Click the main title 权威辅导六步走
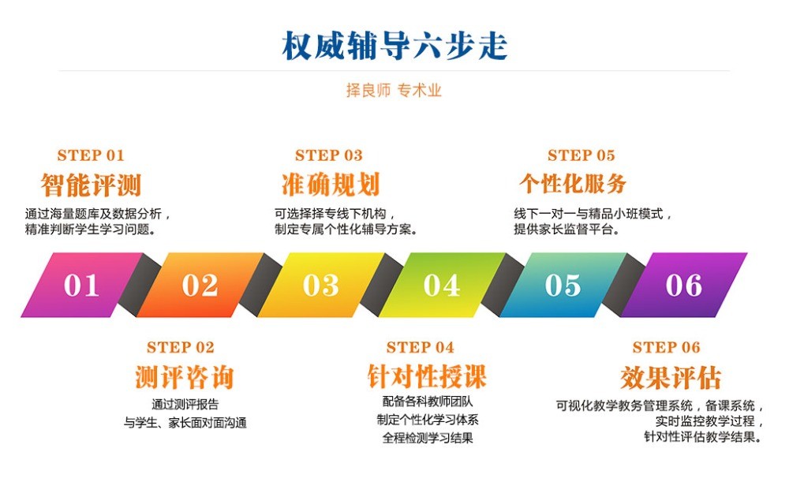pyautogui.click(x=394, y=47)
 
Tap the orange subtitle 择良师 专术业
pyautogui.click(x=394, y=91)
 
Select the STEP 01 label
pyautogui.click(x=91, y=155)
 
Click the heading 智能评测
pyautogui.click(x=91, y=185)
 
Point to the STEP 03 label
pyautogui.click(x=329, y=155)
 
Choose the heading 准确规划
pyautogui.click(x=331, y=185)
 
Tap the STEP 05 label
pyautogui.click(x=581, y=155)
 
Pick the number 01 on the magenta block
pyautogui.click(x=82, y=286)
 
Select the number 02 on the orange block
pyautogui.click(x=200, y=286)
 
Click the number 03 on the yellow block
pyautogui.click(x=320, y=286)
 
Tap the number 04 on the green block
pyautogui.click(x=442, y=286)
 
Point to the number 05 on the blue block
pyautogui.click(x=563, y=286)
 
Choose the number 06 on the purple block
pyautogui.click(x=683, y=286)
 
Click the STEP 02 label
pyautogui.click(x=181, y=348)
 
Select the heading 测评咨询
pyautogui.click(x=184, y=378)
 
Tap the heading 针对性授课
pyautogui.click(x=427, y=376)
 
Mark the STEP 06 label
pyautogui.click(x=667, y=348)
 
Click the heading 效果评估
pyautogui.click(x=671, y=378)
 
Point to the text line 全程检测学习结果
pyautogui.click(x=428, y=439)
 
